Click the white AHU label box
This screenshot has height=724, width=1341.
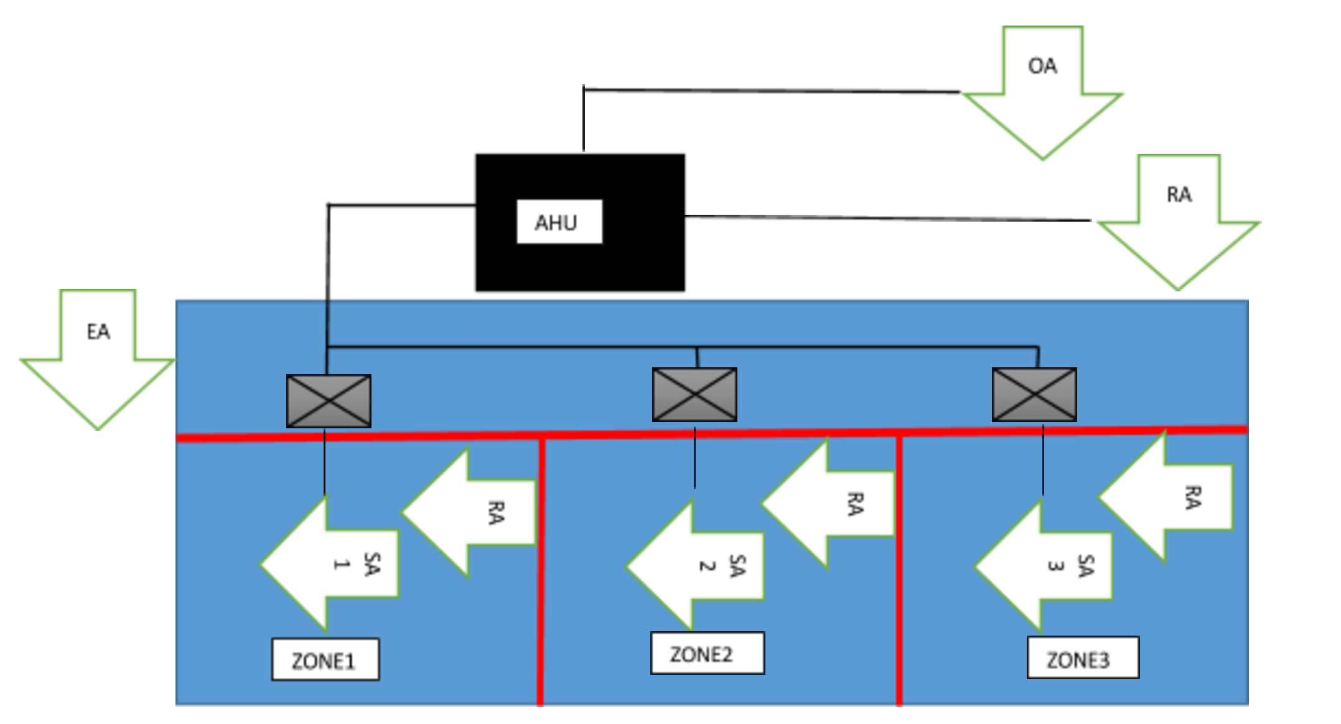559,222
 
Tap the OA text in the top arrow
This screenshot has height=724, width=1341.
1042,66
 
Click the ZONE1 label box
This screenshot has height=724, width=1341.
325,659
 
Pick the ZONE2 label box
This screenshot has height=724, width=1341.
707,653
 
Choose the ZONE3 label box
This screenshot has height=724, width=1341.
1082,657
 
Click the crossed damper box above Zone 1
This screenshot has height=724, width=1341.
329,401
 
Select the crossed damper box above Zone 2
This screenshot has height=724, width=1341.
694,395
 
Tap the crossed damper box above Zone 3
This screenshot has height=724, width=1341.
1034,395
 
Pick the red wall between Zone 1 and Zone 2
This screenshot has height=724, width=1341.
541,573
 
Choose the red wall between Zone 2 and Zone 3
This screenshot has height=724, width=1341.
899,573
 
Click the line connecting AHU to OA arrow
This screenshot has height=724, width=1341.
772,91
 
